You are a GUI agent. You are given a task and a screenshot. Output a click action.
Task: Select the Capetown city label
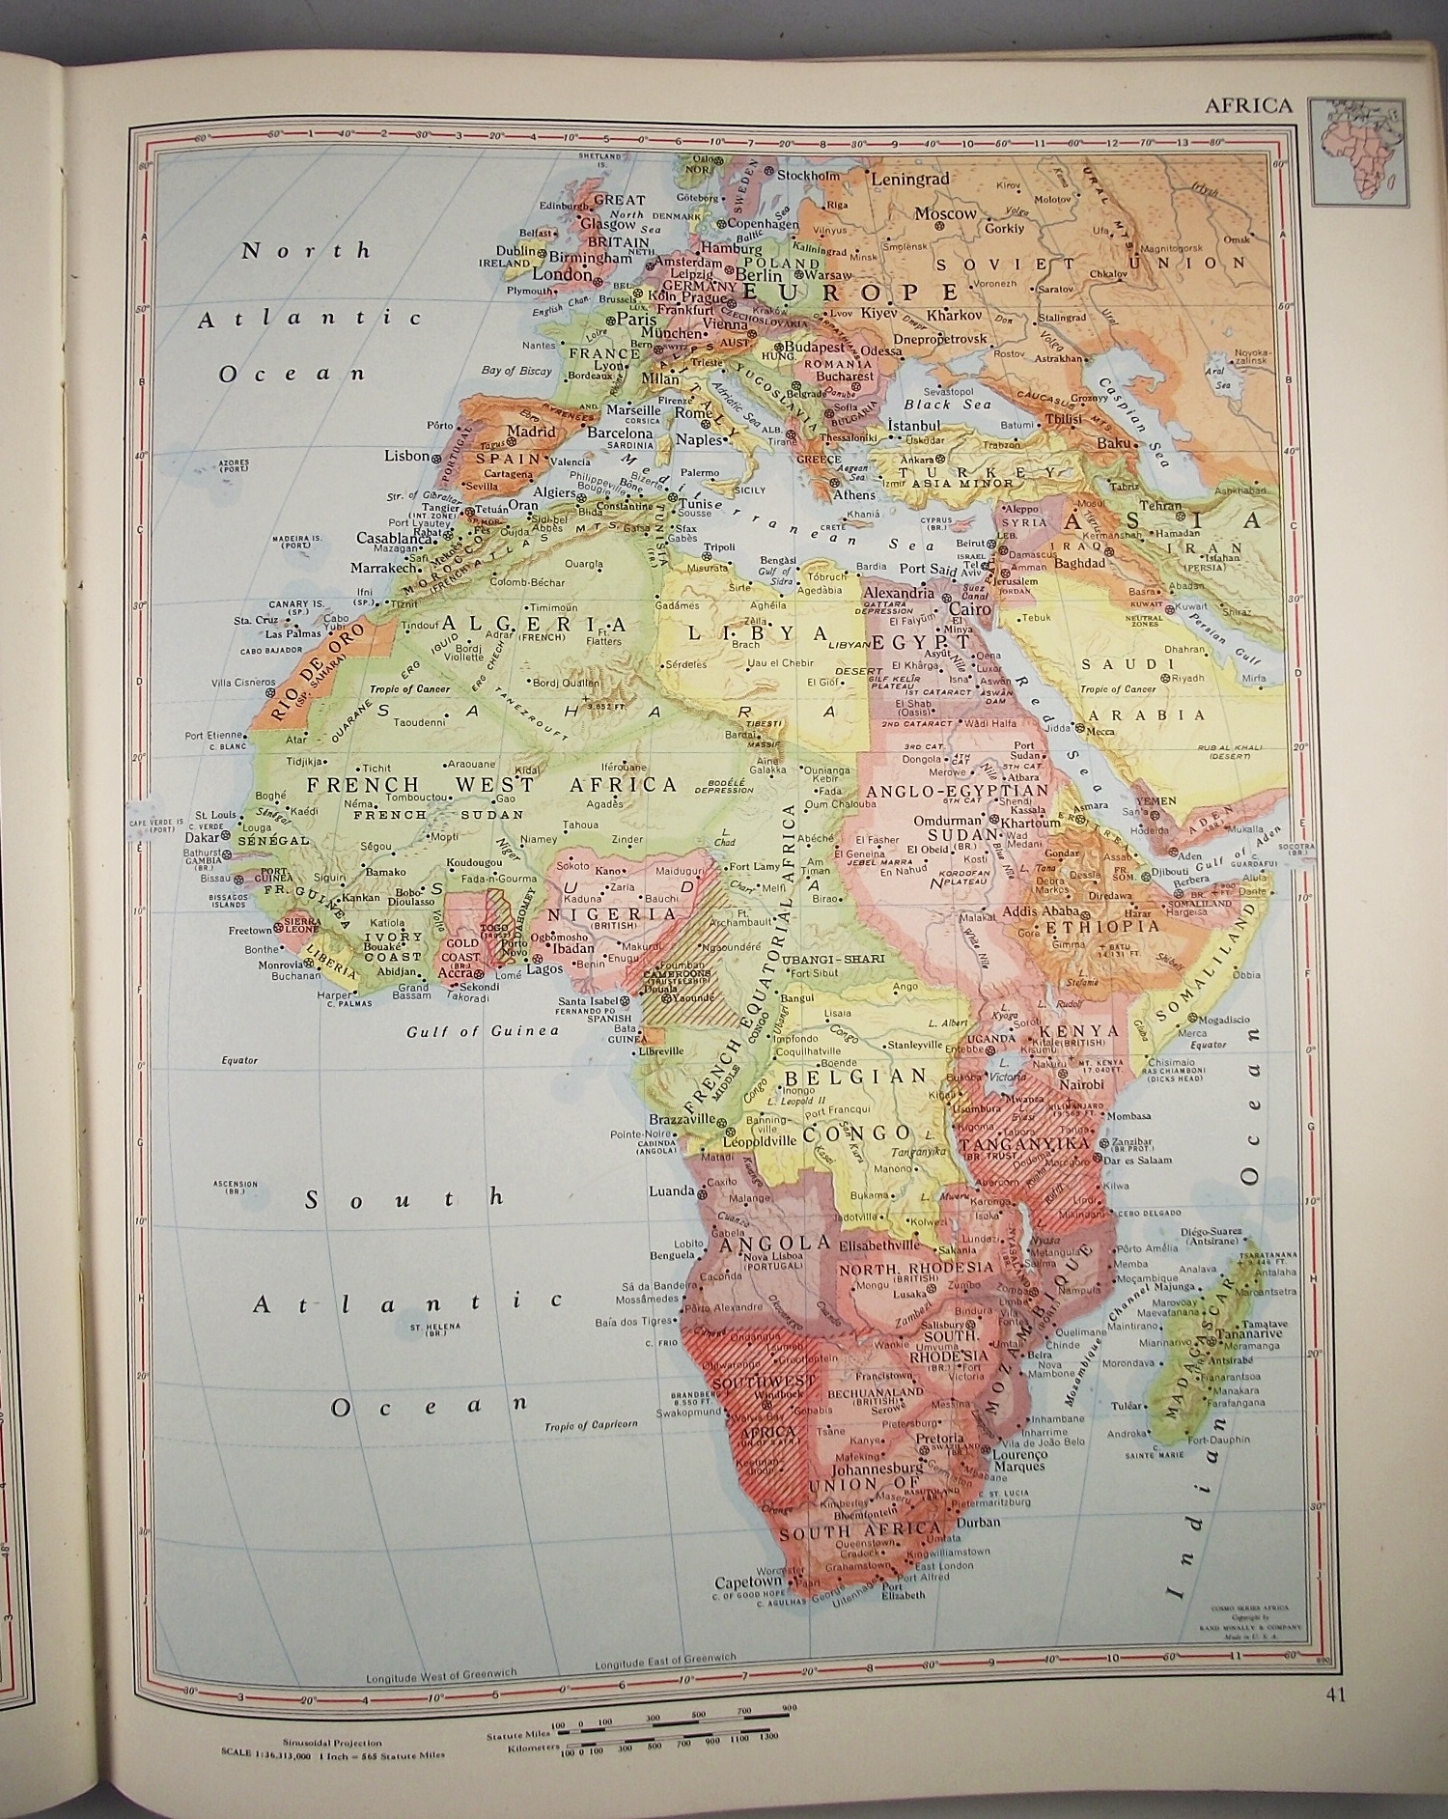(x=746, y=1582)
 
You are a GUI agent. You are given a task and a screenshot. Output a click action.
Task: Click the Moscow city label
(x=945, y=213)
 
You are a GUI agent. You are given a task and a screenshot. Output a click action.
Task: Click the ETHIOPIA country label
(x=1111, y=926)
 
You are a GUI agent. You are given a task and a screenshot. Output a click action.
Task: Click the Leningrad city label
(x=910, y=179)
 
